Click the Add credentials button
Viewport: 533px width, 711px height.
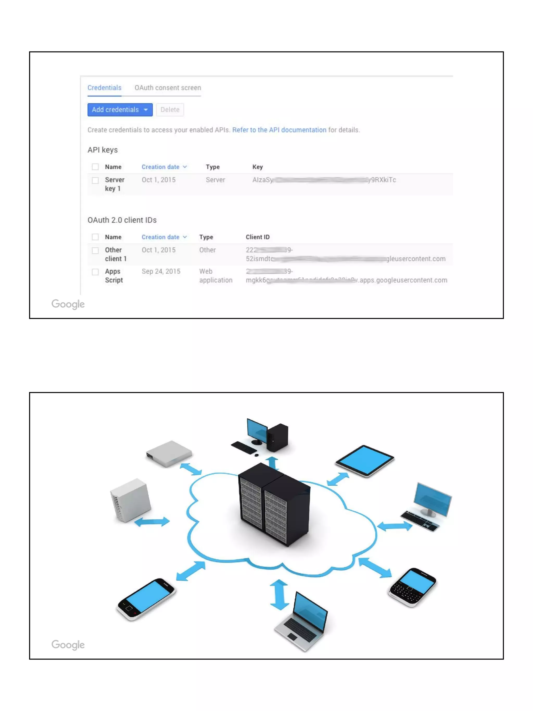pyautogui.click(x=119, y=110)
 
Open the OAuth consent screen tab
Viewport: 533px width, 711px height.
pyautogui.click(x=168, y=88)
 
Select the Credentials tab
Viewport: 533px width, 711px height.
pyautogui.click(x=104, y=88)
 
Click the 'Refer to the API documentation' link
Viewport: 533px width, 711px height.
pyautogui.click(x=279, y=130)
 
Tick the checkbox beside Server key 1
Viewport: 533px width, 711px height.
pyautogui.click(x=95, y=180)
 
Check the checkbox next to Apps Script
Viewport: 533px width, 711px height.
pyautogui.click(x=95, y=272)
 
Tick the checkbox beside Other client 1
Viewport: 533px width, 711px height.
pyautogui.click(x=95, y=250)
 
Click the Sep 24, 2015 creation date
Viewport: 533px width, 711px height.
pyautogui.click(x=161, y=271)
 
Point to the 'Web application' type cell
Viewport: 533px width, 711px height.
pyautogui.click(x=215, y=276)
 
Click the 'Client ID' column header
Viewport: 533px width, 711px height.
pyautogui.click(x=257, y=237)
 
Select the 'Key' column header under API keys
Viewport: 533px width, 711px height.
pyautogui.click(x=257, y=167)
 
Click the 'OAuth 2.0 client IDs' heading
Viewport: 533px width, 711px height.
pyautogui.click(x=122, y=220)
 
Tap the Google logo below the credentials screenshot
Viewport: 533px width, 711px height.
pyautogui.click(x=68, y=304)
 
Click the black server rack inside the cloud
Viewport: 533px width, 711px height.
pyautogui.click(x=274, y=505)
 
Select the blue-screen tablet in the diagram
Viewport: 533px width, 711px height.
pyautogui.click(x=365, y=461)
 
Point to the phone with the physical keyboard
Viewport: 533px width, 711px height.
pyautogui.click(x=412, y=587)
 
